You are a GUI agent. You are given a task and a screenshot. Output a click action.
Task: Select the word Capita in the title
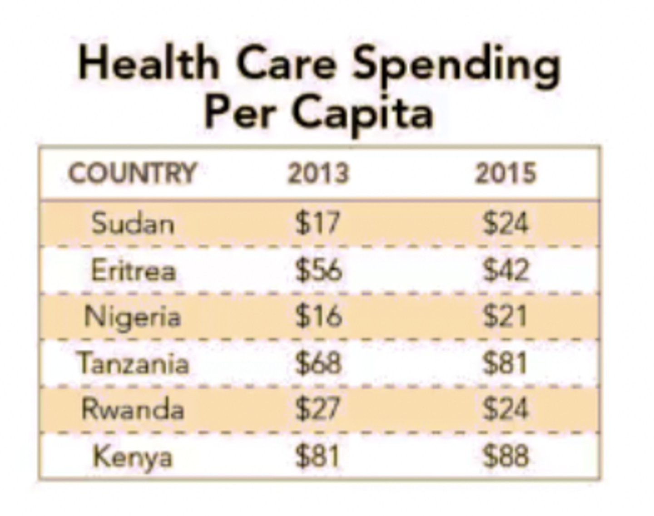pyautogui.click(x=363, y=113)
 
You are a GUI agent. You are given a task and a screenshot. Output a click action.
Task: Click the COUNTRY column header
pyautogui.click(x=132, y=173)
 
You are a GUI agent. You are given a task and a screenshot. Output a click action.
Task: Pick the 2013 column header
pyautogui.click(x=318, y=173)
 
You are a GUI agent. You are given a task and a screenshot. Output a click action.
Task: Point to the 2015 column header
pyautogui.click(x=505, y=173)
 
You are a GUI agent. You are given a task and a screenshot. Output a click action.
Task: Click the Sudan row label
pyautogui.click(x=133, y=223)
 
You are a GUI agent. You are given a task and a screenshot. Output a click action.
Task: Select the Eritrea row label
pyautogui.click(x=133, y=270)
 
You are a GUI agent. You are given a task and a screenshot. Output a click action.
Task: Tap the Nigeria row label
pyautogui.click(x=133, y=317)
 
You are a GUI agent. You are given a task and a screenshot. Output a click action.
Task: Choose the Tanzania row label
pyautogui.click(x=133, y=363)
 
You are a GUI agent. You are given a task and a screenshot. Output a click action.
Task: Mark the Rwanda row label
pyautogui.click(x=133, y=409)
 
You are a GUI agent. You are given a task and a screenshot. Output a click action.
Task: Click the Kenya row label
pyautogui.click(x=133, y=457)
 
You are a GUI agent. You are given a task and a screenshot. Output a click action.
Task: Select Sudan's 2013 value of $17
pyautogui.click(x=317, y=223)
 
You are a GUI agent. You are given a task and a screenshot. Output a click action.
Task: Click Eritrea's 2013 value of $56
pyautogui.click(x=318, y=270)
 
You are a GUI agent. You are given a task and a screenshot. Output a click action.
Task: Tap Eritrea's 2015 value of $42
pyautogui.click(x=505, y=270)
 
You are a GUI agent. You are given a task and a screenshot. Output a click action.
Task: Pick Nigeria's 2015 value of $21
pyautogui.click(x=505, y=317)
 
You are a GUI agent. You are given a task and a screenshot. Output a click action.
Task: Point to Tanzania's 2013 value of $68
pyautogui.click(x=318, y=363)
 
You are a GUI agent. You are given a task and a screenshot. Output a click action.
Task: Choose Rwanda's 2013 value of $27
pyautogui.click(x=317, y=409)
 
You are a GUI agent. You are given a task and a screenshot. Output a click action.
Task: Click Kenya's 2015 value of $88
pyautogui.click(x=505, y=457)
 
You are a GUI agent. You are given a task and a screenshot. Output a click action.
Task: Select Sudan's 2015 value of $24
pyautogui.click(x=505, y=223)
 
